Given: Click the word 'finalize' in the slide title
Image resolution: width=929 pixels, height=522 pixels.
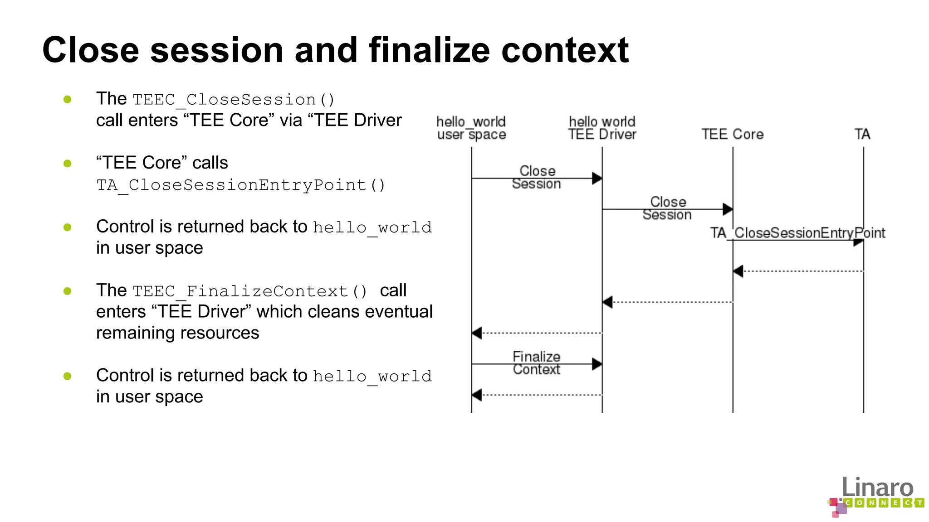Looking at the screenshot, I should (429, 50).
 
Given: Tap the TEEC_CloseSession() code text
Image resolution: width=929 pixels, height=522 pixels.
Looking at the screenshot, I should (234, 99).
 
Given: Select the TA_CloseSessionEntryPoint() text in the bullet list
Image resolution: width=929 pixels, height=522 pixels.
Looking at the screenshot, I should (240, 185).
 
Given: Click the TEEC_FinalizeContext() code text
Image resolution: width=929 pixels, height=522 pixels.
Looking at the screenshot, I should (250, 291).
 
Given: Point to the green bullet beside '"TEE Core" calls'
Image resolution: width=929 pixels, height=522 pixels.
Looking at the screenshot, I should (68, 163).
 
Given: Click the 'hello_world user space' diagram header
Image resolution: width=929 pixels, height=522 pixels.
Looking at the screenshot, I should (471, 128).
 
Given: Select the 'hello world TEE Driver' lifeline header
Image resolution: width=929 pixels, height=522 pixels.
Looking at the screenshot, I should (602, 128).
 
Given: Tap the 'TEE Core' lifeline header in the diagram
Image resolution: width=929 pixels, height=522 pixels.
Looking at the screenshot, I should (732, 134).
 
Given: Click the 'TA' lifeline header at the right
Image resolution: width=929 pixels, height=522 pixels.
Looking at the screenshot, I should (862, 134).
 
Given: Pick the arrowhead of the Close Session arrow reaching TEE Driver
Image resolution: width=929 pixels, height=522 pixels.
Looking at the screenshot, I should (597, 179).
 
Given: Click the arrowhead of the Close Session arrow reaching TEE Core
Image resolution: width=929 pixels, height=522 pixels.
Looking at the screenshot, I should (728, 209).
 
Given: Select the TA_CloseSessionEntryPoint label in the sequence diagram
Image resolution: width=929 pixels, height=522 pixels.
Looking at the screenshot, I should (797, 233).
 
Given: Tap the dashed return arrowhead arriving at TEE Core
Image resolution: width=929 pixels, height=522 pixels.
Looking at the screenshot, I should (738, 271).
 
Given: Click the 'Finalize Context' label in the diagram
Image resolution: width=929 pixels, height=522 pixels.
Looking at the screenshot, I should (536, 363).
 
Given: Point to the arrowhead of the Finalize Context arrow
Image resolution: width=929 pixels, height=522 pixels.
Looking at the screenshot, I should (597, 364).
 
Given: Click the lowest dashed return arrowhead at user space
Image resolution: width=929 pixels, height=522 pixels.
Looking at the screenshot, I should (477, 395).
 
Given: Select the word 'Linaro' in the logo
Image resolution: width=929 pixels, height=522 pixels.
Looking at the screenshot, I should (877, 487).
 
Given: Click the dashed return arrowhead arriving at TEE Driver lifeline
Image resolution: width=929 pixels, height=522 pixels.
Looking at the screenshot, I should (608, 302).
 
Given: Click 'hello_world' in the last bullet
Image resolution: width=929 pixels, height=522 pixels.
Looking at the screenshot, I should (372, 376).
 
